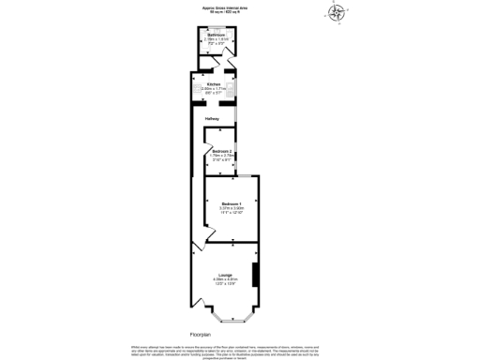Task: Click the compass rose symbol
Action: pos(336,12)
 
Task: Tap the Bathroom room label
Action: pos(217,35)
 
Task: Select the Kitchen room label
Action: pos(215,82)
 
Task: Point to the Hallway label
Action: pos(213,119)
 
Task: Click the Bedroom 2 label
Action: pos(221,151)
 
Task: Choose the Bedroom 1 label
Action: pos(232,203)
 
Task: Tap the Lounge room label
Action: pos(226,274)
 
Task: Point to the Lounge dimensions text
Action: pos(226,281)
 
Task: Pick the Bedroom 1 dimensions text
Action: pos(232,211)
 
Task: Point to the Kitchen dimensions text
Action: pos(215,90)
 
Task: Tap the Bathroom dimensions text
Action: pos(217,42)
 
